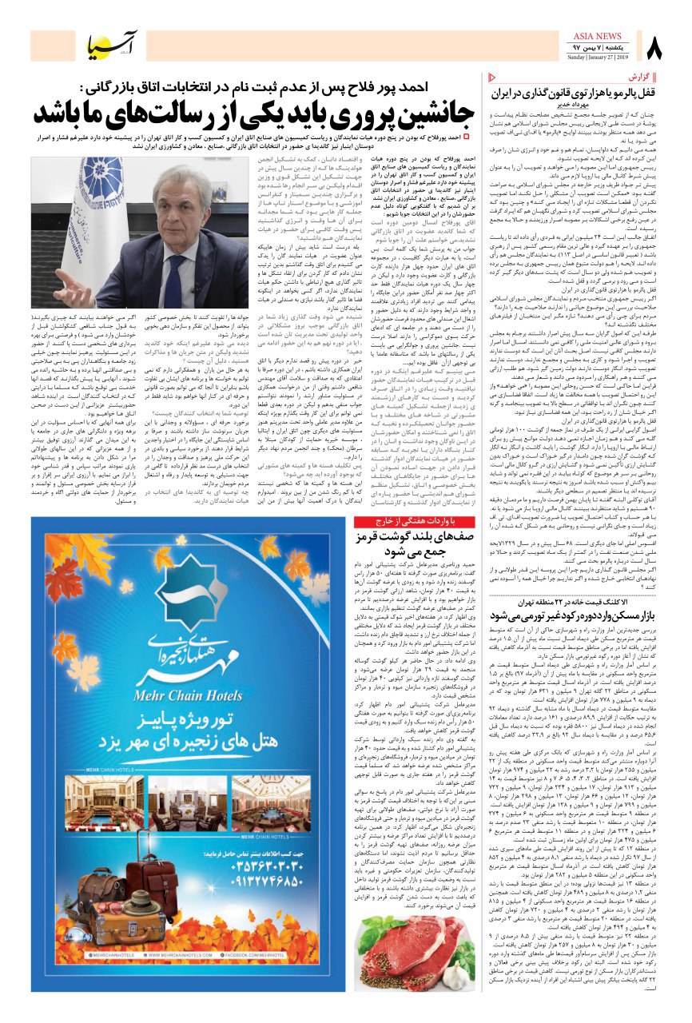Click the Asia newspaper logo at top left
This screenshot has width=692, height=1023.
tap(118, 48)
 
